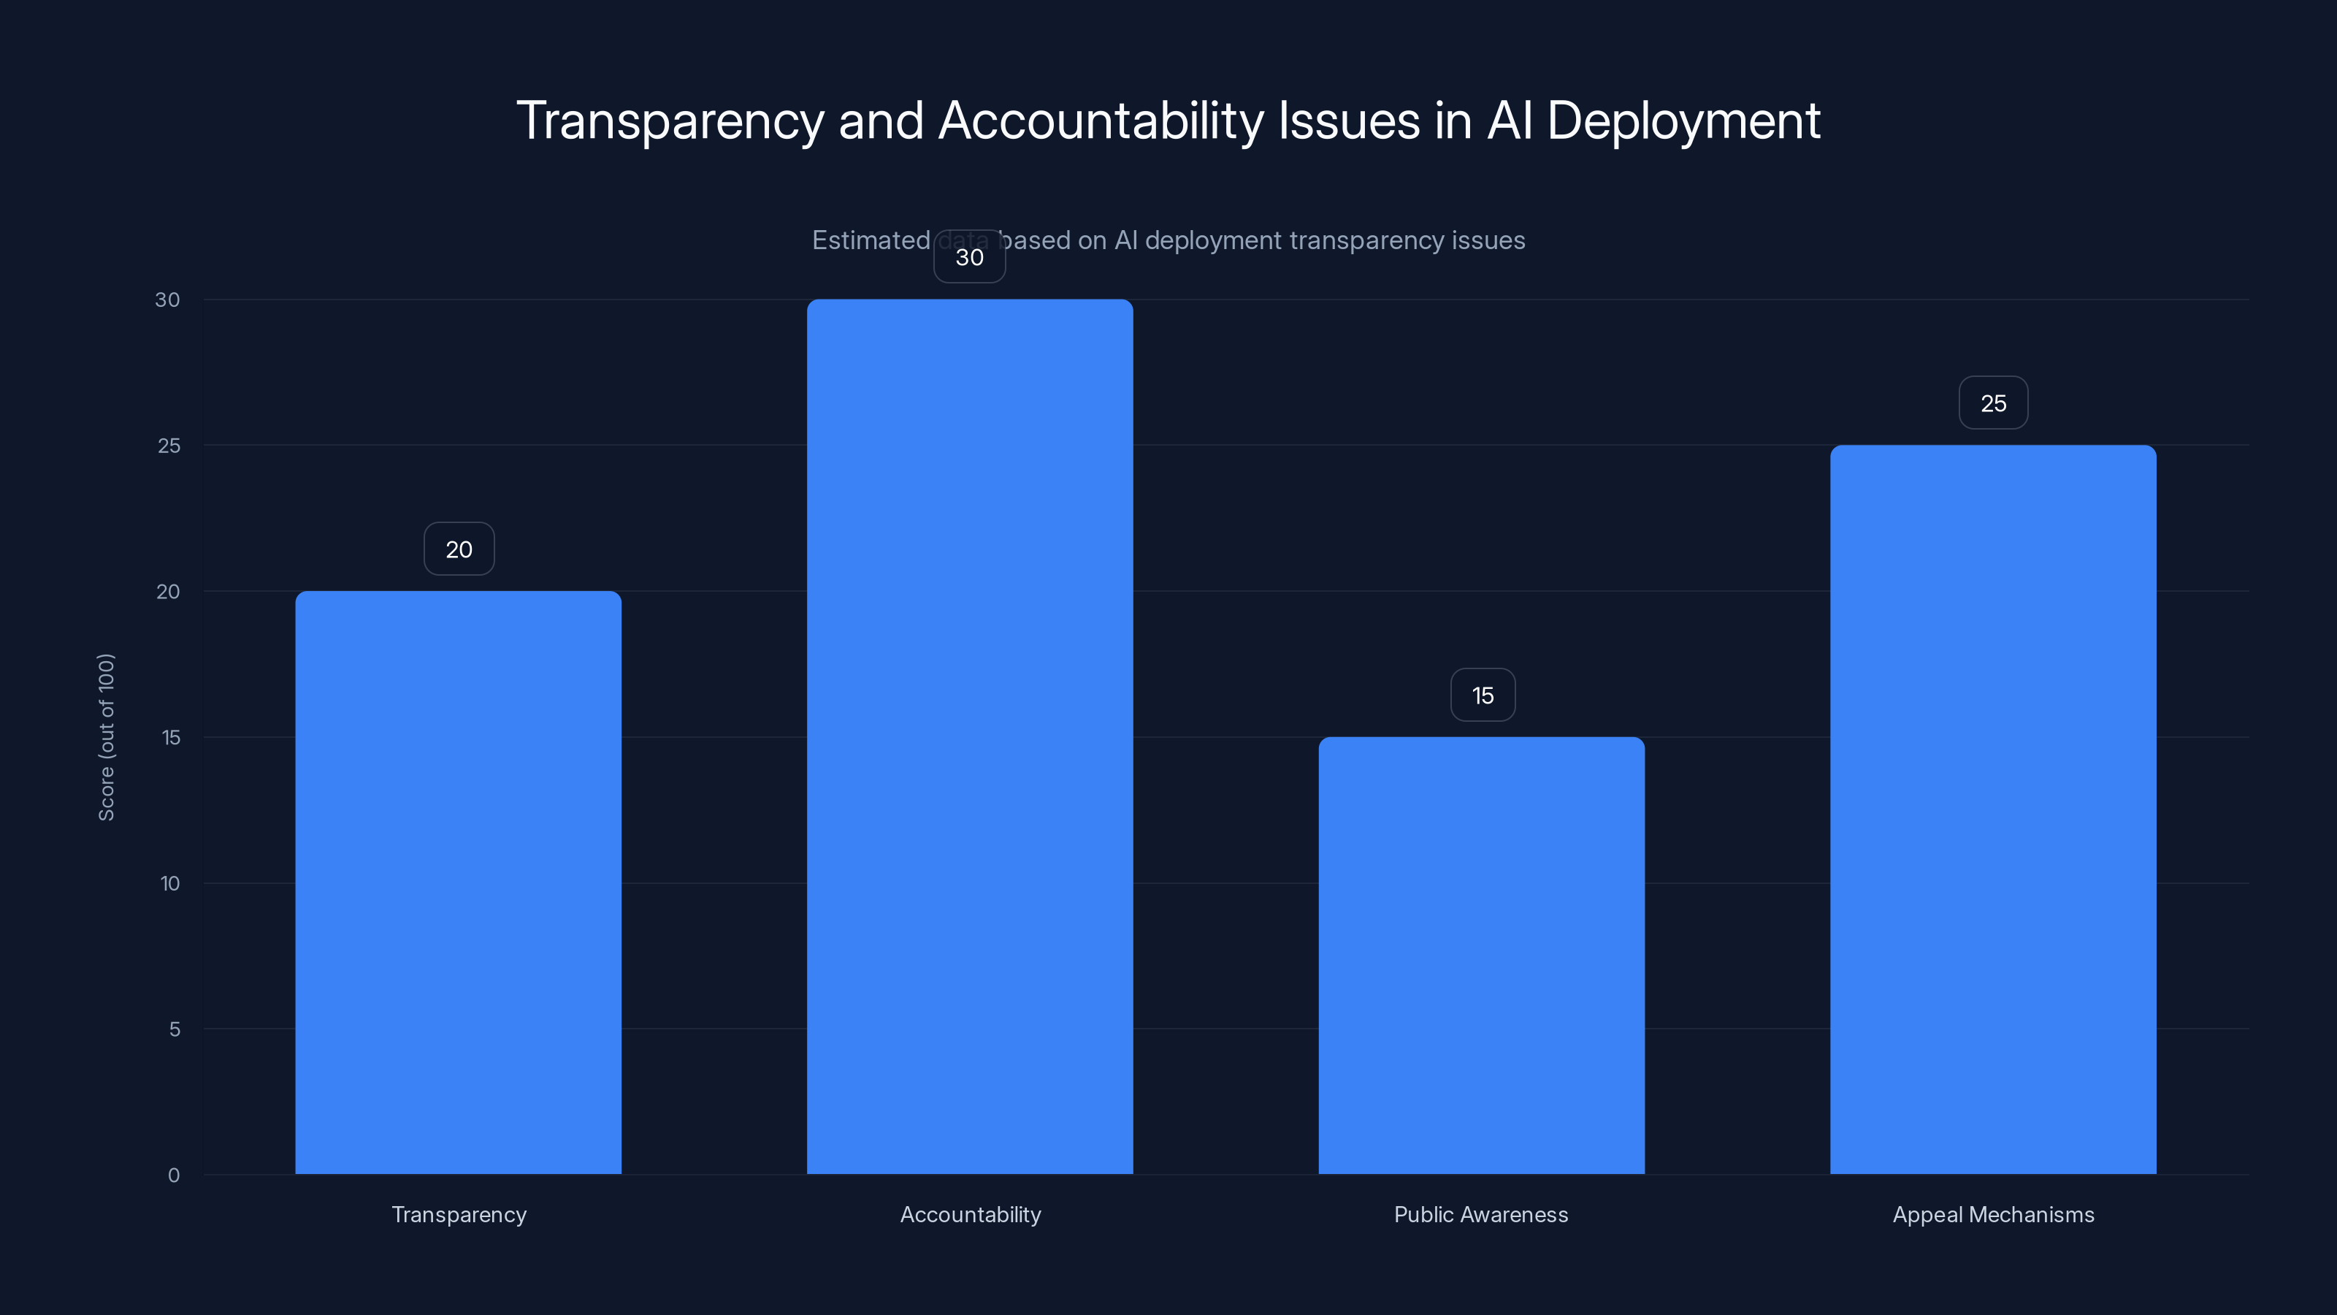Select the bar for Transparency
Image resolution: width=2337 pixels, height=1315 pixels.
click(458, 882)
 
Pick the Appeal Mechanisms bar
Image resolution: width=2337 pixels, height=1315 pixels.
click(1992, 809)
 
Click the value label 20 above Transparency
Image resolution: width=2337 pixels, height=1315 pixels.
click(459, 549)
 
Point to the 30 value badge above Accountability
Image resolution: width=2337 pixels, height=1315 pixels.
click(970, 257)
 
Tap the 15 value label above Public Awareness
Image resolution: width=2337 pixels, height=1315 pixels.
click(1483, 695)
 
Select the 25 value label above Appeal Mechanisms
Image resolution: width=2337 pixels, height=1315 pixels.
click(1993, 403)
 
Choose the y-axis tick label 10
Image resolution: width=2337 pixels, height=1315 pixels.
click(169, 883)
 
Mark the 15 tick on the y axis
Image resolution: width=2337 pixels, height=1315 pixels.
click(171, 737)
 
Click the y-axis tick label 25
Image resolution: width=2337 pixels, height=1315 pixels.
click(169, 446)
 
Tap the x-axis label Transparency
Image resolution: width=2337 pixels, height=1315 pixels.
click(459, 1214)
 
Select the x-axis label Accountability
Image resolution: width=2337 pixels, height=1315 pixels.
click(971, 1214)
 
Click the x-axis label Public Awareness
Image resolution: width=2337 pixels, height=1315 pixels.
click(1480, 1214)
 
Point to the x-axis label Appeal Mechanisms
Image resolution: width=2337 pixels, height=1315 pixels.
click(1993, 1214)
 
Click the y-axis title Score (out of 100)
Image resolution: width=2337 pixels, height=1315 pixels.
click(106, 737)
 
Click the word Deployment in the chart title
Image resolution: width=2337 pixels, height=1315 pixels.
click(1683, 121)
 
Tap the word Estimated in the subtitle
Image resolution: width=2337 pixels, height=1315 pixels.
click(870, 240)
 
